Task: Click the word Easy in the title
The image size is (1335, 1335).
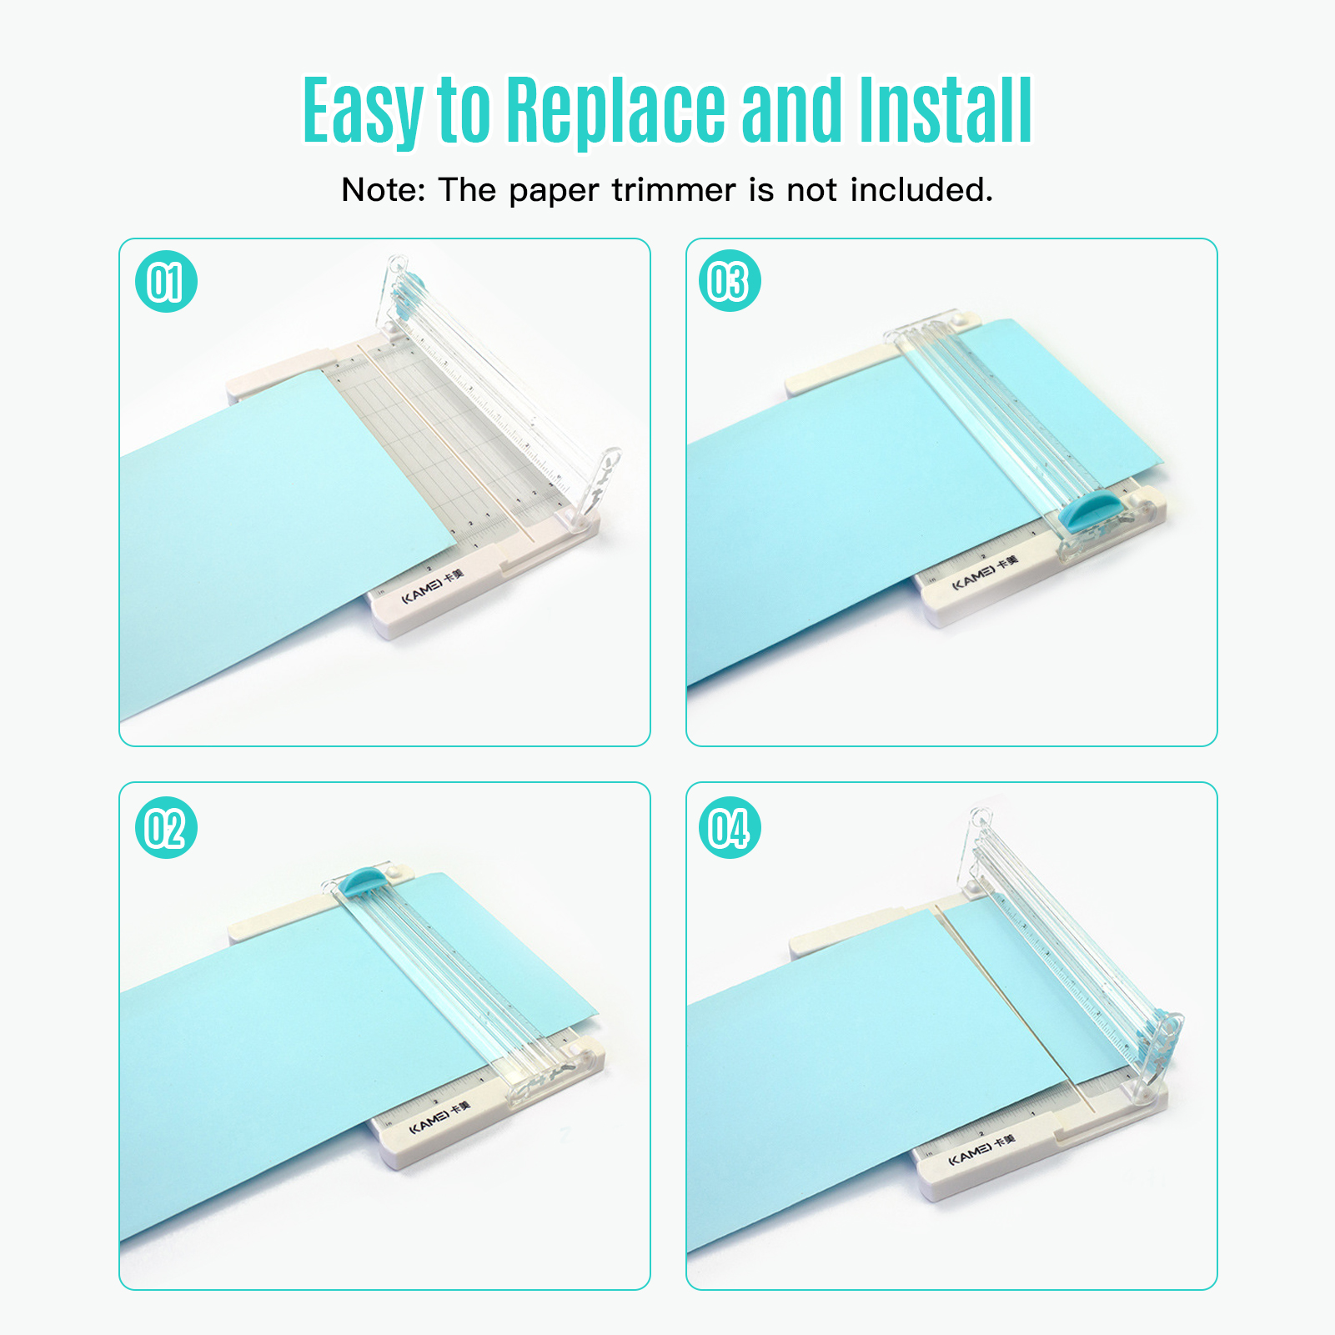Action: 362,111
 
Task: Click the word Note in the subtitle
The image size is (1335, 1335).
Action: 383,191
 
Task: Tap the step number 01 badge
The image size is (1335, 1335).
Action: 166,282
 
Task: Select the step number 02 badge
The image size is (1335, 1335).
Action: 166,828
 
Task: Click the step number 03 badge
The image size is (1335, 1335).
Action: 730,282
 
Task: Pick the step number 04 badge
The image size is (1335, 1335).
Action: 730,828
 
